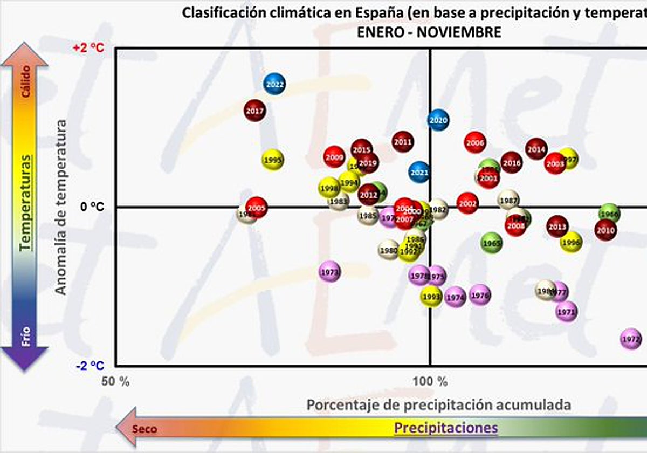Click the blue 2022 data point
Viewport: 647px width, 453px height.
(x=274, y=84)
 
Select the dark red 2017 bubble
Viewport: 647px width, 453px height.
(x=254, y=112)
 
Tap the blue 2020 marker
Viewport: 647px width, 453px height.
(x=438, y=120)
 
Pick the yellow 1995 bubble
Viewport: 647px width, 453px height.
(x=273, y=160)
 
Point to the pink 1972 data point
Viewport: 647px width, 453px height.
(x=630, y=339)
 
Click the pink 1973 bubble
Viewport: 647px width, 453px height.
(x=329, y=272)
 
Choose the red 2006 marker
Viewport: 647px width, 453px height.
(x=475, y=143)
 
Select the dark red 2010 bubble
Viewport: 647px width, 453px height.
(x=605, y=230)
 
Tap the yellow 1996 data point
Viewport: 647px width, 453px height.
(x=570, y=243)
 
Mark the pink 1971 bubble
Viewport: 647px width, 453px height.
(x=567, y=312)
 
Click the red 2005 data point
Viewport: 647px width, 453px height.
(x=257, y=208)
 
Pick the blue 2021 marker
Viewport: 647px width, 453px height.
(x=419, y=173)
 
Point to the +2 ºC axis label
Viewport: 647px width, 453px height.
(x=88, y=48)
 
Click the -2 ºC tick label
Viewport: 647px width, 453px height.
(x=90, y=366)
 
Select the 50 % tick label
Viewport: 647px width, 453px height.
(x=116, y=382)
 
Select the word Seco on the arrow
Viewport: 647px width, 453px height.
(x=146, y=429)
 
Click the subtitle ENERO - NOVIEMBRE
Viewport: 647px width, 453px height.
(x=429, y=32)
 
